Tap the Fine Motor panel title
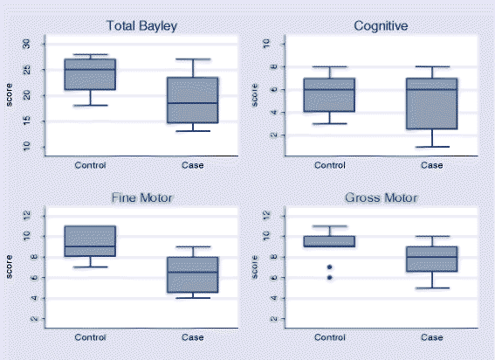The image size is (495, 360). (142, 197)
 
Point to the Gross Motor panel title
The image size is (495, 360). (381, 197)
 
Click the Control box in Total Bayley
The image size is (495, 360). (91, 74)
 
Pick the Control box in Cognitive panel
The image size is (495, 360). (328, 94)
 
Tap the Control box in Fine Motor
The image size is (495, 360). (91, 241)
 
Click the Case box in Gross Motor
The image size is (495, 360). (432, 259)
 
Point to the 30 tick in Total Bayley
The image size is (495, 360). (26, 44)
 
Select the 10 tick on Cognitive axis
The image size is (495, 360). (266, 43)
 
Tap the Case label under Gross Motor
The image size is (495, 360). (432, 337)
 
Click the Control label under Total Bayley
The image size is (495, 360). (91, 164)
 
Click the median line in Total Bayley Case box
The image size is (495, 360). (194, 103)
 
